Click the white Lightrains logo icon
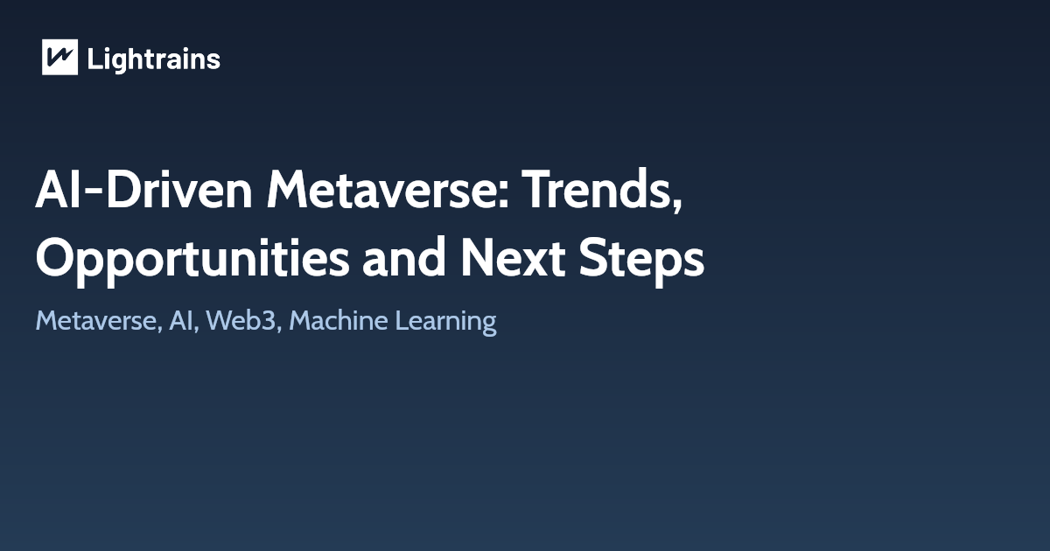(59, 58)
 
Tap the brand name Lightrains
(153, 59)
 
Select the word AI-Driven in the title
(143, 190)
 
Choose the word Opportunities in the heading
(192, 259)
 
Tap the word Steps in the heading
(640, 259)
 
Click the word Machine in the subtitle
(337, 321)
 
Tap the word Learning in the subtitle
(445, 321)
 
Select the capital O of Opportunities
(54, 259)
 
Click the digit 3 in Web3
(273, 321)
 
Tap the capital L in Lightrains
(94, 59)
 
